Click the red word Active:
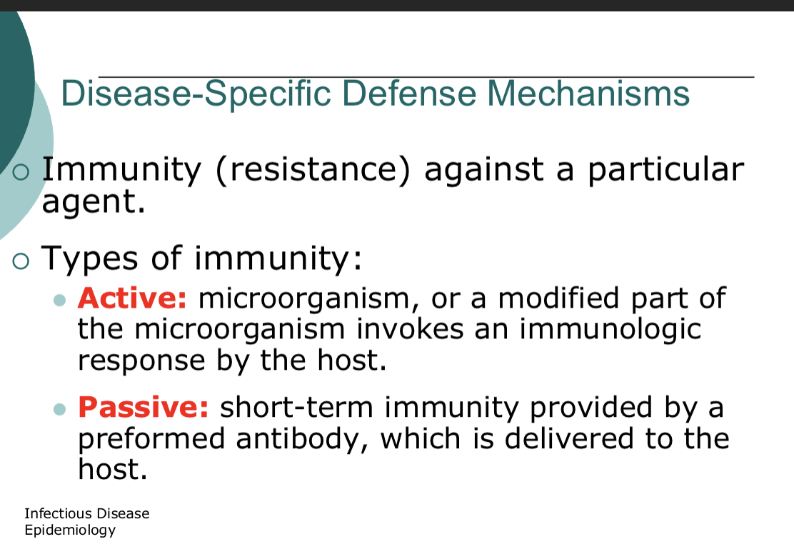pyautogui.click(x=132, y=298)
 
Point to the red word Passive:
pyautogui.click(x=143, y=407)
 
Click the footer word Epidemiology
pyautogui.click(x=69, y=530)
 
